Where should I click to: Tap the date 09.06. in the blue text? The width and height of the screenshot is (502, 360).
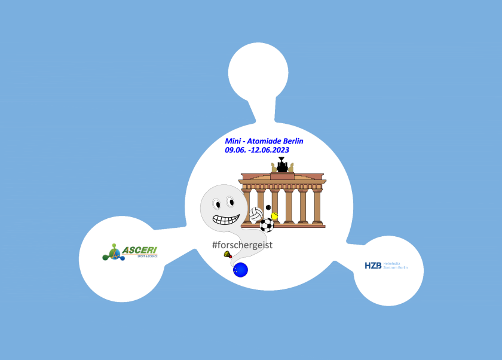(237, 150)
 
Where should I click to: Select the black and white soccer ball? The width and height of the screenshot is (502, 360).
(267, 225)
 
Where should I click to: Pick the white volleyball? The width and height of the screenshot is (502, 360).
(256, 214)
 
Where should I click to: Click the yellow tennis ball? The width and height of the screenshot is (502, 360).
(275, 215)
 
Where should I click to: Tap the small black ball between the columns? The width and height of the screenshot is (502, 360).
(268, 208)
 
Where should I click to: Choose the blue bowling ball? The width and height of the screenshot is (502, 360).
(240, 270)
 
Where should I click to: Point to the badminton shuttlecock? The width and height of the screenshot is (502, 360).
(228, 255)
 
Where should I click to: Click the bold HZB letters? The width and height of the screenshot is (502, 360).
(373, 266)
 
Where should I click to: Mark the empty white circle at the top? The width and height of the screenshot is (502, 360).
(257, 72)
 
